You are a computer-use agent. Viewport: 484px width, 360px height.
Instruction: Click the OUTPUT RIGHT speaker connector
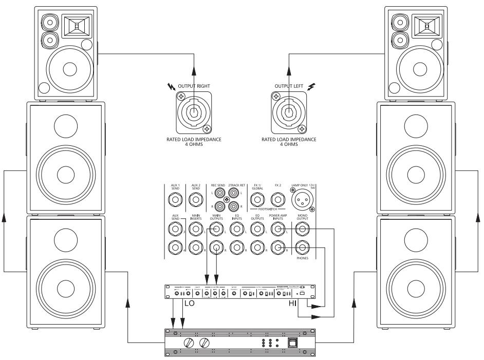[193, 112]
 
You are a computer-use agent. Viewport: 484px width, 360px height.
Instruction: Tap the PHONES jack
[303, 249]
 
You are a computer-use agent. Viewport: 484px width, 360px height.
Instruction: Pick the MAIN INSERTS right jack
[196, 249]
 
